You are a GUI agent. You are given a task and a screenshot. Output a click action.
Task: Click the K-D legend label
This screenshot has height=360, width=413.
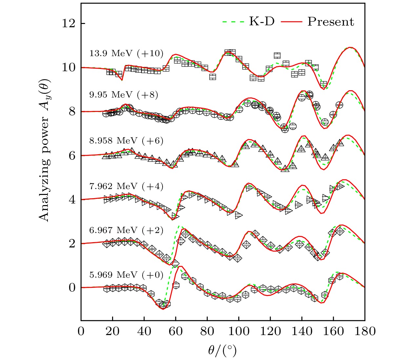[262, 22]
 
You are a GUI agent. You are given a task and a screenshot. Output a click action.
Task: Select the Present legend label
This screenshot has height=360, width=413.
[331, 22]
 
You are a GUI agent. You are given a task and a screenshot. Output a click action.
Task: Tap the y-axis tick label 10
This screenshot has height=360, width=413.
[69, 68]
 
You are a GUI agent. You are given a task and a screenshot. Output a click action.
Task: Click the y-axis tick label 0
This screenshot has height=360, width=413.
[72, 288]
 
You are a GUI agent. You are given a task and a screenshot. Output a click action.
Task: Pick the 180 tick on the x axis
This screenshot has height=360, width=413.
[364, 331]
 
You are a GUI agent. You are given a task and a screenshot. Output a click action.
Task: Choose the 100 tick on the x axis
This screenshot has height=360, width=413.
[239, 331]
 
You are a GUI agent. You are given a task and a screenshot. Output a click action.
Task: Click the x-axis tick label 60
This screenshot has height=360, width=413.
[176, 331]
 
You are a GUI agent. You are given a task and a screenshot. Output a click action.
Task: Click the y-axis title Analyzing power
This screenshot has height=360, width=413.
[44, 150]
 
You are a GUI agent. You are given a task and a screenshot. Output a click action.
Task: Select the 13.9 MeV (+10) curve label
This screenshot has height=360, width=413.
[126, 53]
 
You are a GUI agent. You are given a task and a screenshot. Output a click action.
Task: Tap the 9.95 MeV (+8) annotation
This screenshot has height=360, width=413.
[124, 95]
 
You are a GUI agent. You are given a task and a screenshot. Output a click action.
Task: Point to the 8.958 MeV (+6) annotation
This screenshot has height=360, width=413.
[126, 140]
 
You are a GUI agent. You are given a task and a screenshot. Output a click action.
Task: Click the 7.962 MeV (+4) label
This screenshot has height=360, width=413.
[126, 186]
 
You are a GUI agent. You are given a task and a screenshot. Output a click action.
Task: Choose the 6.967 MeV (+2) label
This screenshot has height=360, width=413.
[126, 230]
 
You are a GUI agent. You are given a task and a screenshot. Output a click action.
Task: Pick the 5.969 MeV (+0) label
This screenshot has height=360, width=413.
[126, 274]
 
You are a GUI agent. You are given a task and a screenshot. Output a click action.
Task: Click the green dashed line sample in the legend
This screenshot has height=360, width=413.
[233, 22]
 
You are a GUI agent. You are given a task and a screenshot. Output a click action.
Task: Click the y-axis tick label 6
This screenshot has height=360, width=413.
[72, 156]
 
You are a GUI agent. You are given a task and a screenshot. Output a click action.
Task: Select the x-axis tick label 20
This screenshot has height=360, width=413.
[112, 331]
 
